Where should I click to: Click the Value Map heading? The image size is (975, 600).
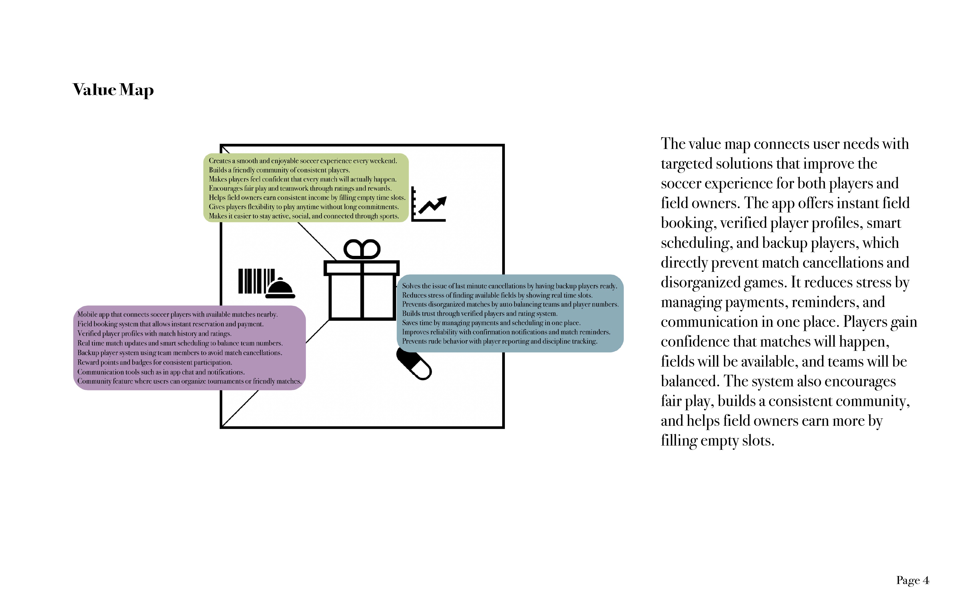(113, 90)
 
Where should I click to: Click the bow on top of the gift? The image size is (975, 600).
(361, 249)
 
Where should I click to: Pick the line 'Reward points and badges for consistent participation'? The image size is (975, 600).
(155, 362)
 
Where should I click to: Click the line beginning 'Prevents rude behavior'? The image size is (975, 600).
(499, 341)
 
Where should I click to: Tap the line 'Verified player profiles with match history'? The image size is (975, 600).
(154, 333)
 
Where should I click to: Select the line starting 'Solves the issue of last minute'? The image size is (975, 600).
(510, 286)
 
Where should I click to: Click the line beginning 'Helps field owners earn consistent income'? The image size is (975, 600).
(307, 198)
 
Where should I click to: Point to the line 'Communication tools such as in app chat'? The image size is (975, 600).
(161, 372)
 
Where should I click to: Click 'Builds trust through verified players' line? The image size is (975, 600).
(479, 313)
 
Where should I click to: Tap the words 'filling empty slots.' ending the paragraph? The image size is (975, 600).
(718, 441)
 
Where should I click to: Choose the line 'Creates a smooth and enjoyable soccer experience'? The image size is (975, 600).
(303, 161)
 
